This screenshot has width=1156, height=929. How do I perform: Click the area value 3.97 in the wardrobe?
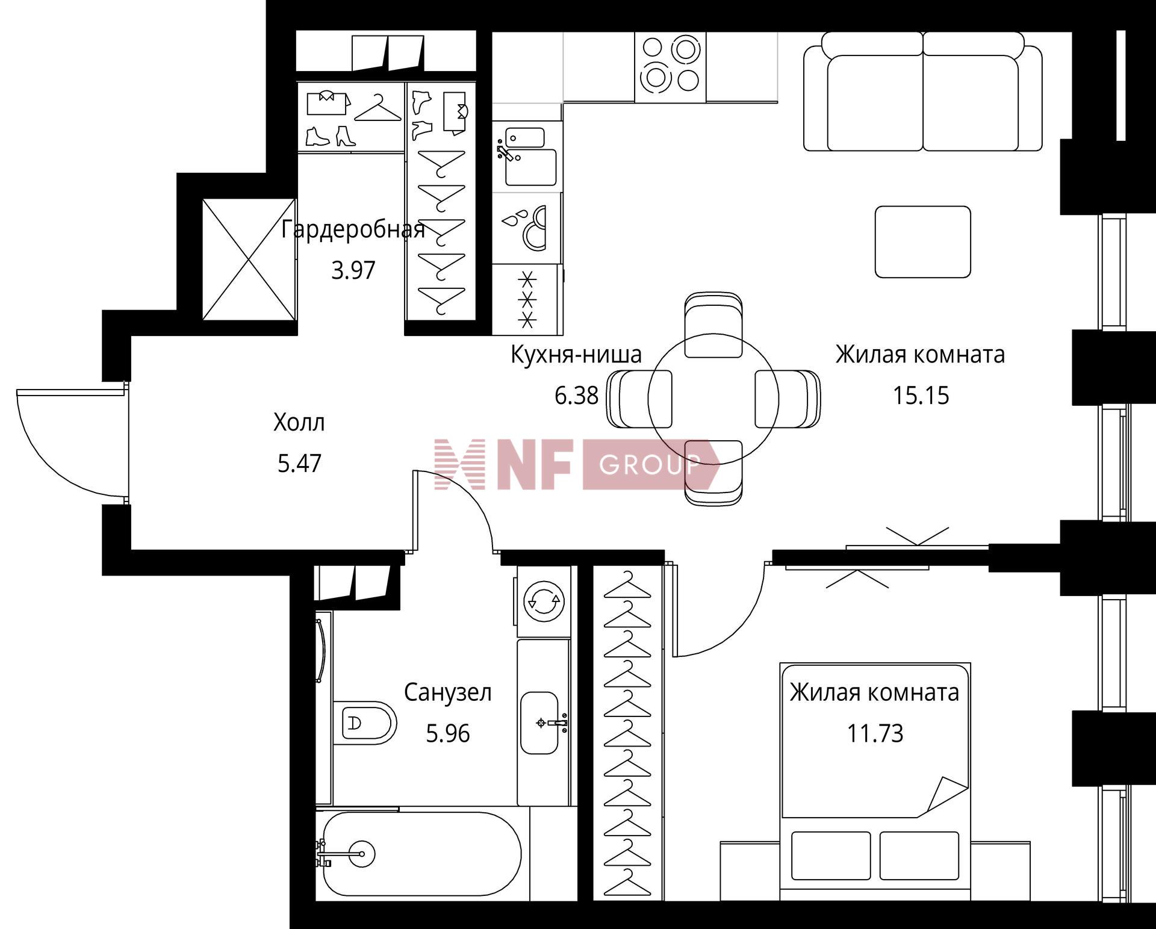(353, 270)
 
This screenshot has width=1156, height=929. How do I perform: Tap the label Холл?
(299, 423)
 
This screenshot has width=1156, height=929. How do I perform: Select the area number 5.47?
(300, 464)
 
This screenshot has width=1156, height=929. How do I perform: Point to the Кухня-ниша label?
(576, 355)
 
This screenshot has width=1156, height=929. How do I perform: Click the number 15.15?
(921, 396)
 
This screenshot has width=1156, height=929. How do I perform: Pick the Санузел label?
(447, 693)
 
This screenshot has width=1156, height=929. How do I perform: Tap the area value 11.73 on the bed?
(875, 734)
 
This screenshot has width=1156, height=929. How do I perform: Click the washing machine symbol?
(542, 600)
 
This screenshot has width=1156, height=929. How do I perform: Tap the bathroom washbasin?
(539, 722)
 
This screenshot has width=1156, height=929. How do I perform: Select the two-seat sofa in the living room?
(923, 91)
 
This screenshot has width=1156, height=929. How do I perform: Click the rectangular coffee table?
(922, 241)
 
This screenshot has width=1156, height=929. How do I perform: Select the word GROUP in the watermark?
(650, 465)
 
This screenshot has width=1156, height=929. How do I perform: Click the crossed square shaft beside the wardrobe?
(249, 259)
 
